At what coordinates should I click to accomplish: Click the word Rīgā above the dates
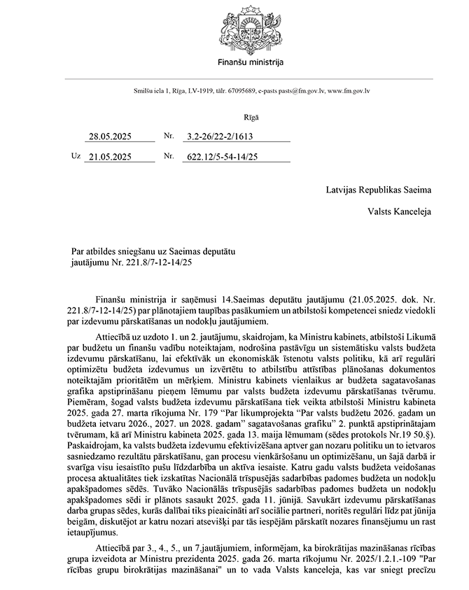[x=251, y=118]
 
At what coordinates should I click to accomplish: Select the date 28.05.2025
[x=110, y=137]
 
